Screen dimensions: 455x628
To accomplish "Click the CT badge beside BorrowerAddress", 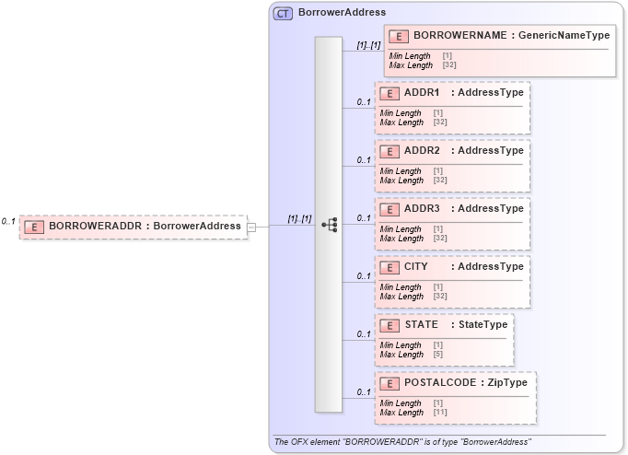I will coord(283,13).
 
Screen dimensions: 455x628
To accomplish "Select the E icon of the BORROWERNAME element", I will coord(399,36).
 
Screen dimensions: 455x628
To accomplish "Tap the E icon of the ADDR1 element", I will coord(390,93).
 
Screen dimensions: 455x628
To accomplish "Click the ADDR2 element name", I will coord(422,151).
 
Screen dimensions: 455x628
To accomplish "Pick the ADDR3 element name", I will coord(422,209).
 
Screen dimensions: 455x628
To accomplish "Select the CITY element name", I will coord(416,267).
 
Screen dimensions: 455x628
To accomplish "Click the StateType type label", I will coord(483,325).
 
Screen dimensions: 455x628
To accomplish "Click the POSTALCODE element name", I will coord(437,382).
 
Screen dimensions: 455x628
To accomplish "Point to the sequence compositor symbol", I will coord(329,225).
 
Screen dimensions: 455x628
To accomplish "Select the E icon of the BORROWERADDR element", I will coord(34,226).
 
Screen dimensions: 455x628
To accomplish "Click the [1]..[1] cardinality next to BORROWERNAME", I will coord(368,44).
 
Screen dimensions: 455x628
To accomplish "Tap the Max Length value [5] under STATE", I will coord(438,355).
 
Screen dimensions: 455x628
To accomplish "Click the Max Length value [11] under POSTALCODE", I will coord(440,412).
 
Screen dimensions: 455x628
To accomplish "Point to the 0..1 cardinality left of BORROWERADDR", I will coord(8,221).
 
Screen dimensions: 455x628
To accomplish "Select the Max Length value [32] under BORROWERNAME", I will coord(449,65).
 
